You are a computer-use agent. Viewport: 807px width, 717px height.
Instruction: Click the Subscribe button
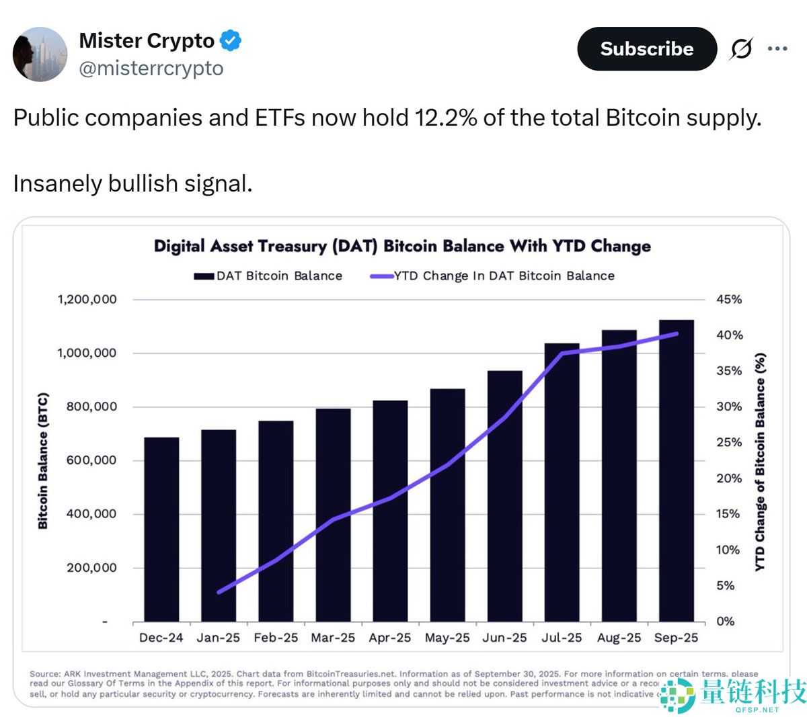click(646, 49)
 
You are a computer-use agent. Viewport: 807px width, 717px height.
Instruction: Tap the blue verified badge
click(231, 41)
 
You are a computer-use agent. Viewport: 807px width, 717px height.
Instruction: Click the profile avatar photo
click(40, 54)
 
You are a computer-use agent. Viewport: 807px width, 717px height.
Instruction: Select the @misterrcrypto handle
click(151, 69)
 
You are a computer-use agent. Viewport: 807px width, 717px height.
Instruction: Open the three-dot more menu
click(777, 49)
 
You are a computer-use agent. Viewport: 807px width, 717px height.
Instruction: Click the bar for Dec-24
click(161, 530)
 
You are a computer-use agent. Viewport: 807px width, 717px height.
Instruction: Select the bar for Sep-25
click(676, 470)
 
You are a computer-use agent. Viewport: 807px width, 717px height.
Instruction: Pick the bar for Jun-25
click(504, 496)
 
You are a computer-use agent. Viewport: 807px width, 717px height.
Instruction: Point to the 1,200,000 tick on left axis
click(87, 299)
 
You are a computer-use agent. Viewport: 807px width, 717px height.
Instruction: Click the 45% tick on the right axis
click(729, 299)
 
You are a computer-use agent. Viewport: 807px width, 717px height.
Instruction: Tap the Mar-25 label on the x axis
click(333, 638)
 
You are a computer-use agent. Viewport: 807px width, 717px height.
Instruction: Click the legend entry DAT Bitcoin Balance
click(268, 276)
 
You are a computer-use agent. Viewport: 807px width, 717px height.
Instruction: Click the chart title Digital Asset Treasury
click(402, 246)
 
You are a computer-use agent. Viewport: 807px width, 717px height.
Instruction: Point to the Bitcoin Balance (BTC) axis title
click(43, 460)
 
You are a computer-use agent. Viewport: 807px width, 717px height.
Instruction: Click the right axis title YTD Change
click(760, 462)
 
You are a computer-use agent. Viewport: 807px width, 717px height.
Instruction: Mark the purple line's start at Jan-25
click(219, 592)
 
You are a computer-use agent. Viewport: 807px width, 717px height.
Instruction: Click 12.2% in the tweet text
click(446, 118)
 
